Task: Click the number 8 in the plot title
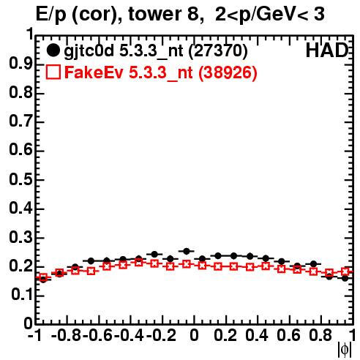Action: point(195,15)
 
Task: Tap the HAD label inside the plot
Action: point(326,50)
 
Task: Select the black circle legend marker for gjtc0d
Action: point(53,50)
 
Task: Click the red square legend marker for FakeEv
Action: point(53,72)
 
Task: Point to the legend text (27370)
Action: point(218,51)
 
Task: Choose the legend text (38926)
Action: point(228,72)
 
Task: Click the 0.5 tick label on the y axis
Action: point(20,179)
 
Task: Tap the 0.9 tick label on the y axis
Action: point(20,64)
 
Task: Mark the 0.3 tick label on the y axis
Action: point(20,237)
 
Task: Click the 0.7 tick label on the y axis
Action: point(20,121)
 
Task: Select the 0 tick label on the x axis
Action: point(194,335)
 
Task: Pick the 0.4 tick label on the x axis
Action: point(257,335)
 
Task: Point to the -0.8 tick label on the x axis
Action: point(67,335)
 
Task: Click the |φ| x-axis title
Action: point(345,350)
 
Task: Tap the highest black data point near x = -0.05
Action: point(187,251)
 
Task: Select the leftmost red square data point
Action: point(43,277)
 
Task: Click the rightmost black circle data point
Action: point(345,278)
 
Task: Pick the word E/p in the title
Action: point(50,15)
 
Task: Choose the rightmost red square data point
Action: point(345,271)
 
